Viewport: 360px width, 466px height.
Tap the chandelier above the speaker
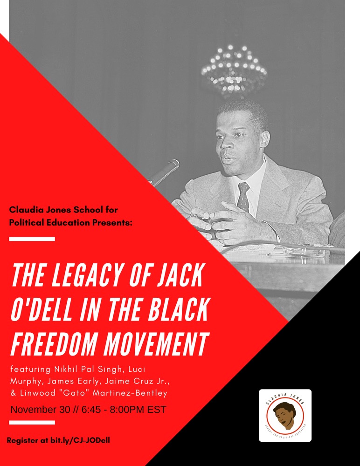click(234, 70)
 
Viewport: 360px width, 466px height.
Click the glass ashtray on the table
click(304, 252)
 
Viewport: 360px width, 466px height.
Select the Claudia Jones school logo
click(285, 416)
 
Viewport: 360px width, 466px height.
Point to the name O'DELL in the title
click(42, 310)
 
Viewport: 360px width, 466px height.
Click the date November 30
click(40, 410)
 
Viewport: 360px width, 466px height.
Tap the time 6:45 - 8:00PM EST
click(124, 410)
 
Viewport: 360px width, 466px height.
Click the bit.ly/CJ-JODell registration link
click(80, 440)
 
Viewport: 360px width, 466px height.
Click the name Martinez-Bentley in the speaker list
click(130, 393)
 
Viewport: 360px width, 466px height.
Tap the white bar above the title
click(32, 239)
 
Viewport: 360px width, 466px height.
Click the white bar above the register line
click(32, 423)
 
